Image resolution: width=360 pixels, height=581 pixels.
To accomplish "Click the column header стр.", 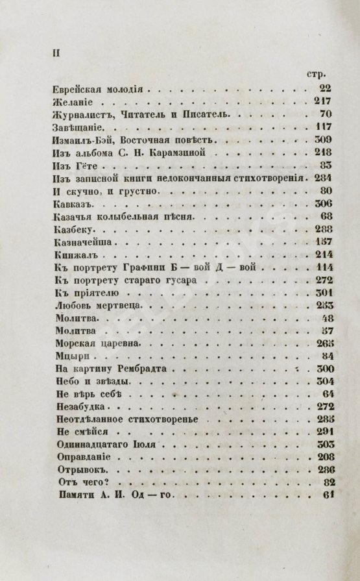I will (322, 73).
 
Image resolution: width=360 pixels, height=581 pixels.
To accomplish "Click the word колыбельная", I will (128, 216).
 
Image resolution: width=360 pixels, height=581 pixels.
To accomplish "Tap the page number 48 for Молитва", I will (326, 318).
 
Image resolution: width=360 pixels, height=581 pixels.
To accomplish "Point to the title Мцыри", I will (67, 356).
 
